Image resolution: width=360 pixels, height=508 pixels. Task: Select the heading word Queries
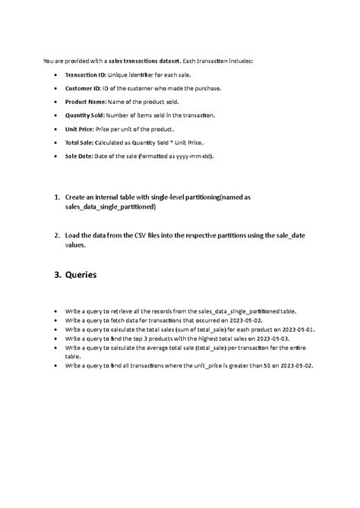click(x=81, y=275)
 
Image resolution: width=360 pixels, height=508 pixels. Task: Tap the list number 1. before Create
click(x=57, y=197)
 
